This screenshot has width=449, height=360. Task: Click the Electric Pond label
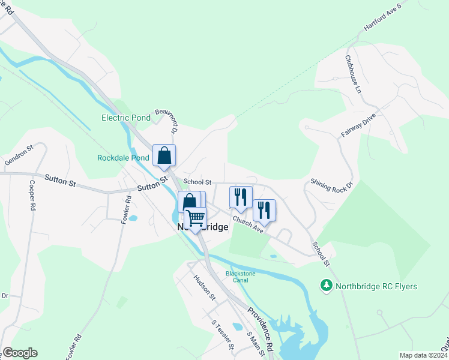tap(125, 118)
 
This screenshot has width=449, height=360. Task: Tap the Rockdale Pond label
tap(123, 158)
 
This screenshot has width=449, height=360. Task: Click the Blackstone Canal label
tap(240, 277)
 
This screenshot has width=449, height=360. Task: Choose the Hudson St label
tap(204, 287)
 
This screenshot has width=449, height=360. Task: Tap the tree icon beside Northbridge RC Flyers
tap(327, 286)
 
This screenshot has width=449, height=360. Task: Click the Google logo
tap(20, 353)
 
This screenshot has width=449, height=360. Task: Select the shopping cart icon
tap(195, 218)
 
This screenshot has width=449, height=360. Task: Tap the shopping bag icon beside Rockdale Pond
tap(164, 156)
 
